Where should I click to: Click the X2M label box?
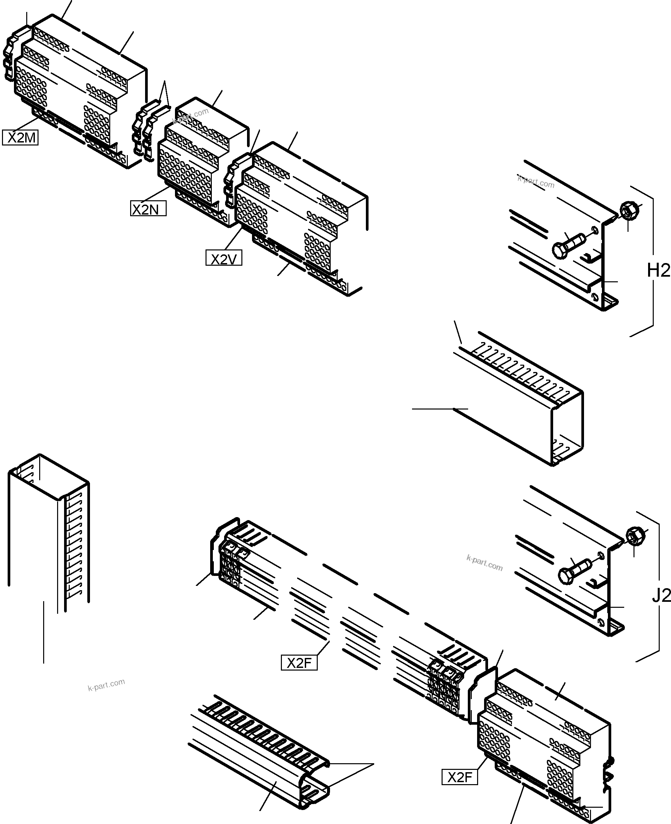(21, 137)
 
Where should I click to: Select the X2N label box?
(148, 209)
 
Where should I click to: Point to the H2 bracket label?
(658, 270)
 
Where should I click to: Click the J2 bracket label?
(661, 596)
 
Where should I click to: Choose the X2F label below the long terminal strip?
(299, 664)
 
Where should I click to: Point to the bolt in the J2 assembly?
(574, 572)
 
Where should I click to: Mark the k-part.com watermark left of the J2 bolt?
(484, 563)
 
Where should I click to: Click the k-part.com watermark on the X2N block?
(191, 115)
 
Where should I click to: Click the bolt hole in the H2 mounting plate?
(594, 231)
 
